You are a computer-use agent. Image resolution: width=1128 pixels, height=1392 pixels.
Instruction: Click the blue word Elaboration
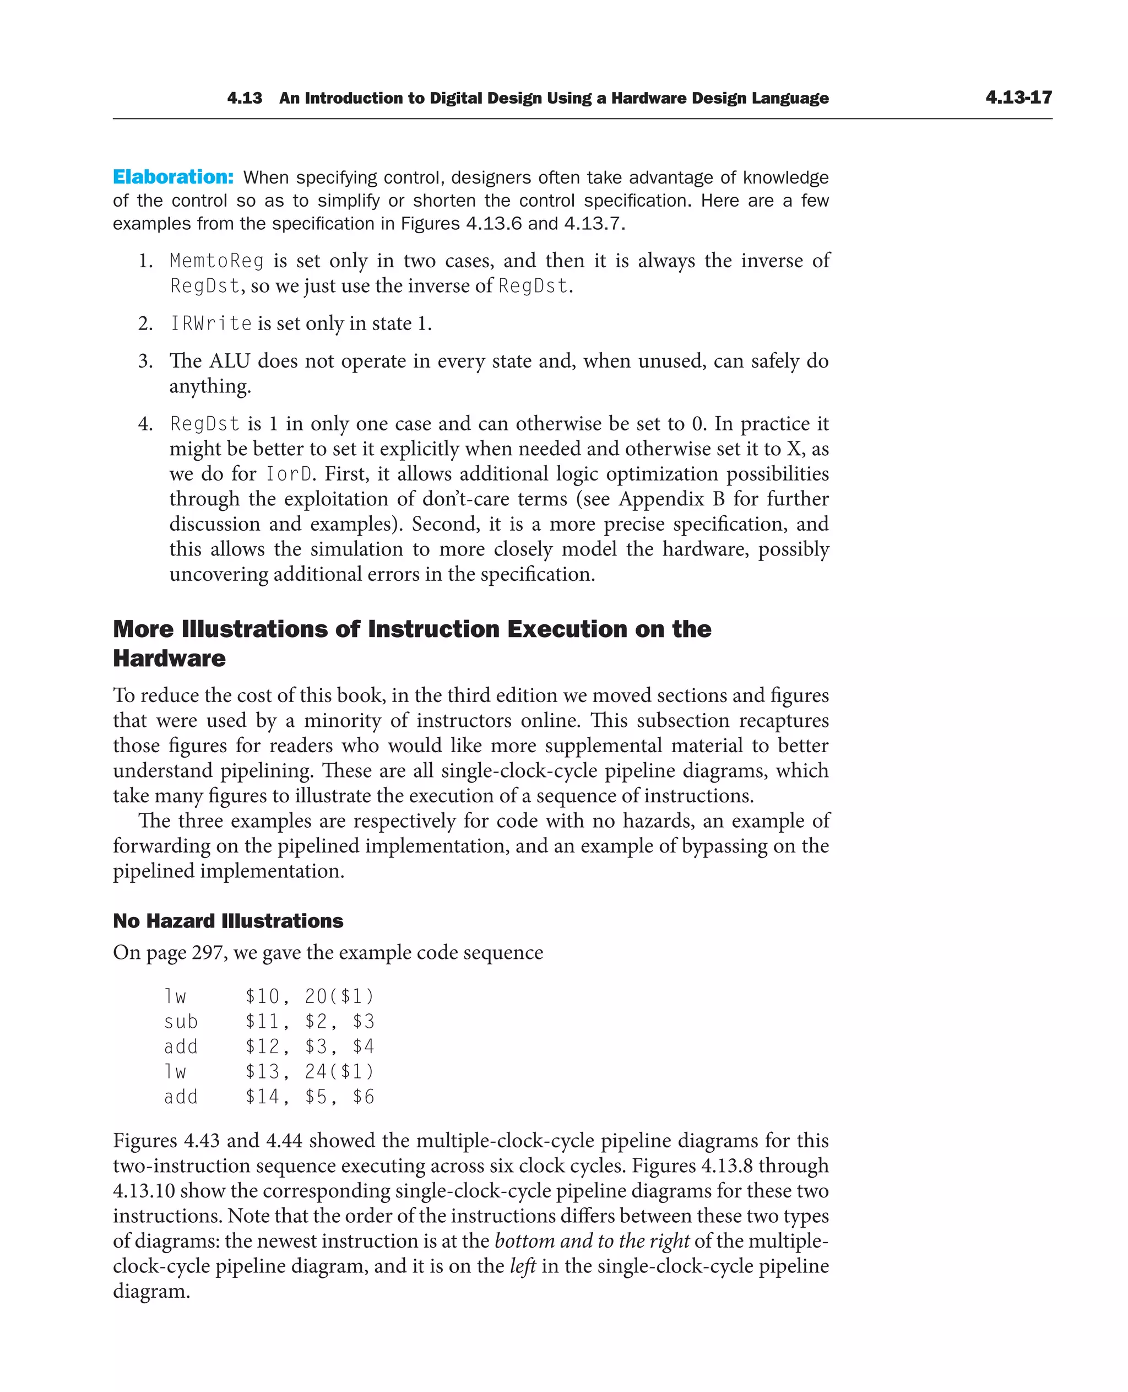point(173,177)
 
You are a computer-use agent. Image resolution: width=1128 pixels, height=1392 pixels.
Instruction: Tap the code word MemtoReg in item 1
point(216,261)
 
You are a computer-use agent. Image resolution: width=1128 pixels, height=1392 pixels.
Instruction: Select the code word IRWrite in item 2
point(210,323)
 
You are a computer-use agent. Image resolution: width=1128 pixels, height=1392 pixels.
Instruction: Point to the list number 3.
point(145,361)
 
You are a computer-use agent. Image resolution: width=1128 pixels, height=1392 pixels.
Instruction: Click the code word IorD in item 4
point(289,473)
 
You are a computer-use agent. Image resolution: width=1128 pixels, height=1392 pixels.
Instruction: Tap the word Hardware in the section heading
point(169,658)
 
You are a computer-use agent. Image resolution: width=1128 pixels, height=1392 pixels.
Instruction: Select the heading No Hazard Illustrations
point(227,921)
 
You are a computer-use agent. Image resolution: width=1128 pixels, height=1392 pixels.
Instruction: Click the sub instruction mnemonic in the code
point(181,1022)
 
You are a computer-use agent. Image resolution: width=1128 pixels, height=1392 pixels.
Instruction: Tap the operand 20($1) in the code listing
point(339,996)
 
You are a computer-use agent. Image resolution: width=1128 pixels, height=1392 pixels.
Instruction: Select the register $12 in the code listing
point(263,1046)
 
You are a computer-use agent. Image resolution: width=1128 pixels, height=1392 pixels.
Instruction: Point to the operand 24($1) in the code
point(339,1071)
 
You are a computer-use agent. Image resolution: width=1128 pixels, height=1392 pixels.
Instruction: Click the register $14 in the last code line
point(263,1097)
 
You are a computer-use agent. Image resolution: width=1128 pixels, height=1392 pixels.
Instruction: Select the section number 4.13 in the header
point(245,98)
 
